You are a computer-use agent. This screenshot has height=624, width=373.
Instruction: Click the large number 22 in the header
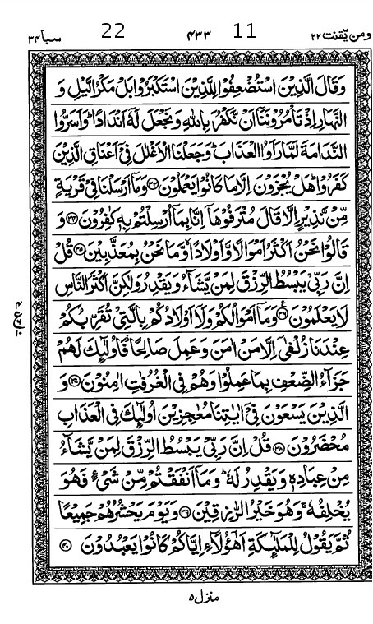113,32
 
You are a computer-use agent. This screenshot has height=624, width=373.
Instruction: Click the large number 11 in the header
244,32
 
